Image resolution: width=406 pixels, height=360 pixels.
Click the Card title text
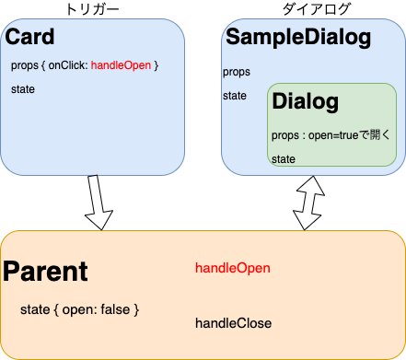pos(30,38)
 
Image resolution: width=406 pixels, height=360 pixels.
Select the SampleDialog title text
pos(298,38)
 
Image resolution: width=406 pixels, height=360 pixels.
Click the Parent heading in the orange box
pos(45,272)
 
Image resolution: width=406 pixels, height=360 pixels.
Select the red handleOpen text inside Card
pos(122,65)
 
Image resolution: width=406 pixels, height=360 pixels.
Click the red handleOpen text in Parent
pos(232,268)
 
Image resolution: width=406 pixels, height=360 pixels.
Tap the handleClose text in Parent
pos(233,323)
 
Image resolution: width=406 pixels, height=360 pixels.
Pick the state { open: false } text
pos(79,309)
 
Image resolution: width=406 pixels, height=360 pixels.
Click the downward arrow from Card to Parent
pos(99,202)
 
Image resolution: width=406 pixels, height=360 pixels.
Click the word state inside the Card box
pos(25,89)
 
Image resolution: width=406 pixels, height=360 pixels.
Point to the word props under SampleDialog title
pos(237,72)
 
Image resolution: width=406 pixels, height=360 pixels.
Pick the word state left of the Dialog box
pos(236,96)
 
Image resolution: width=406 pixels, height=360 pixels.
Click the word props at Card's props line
pos(26,65)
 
